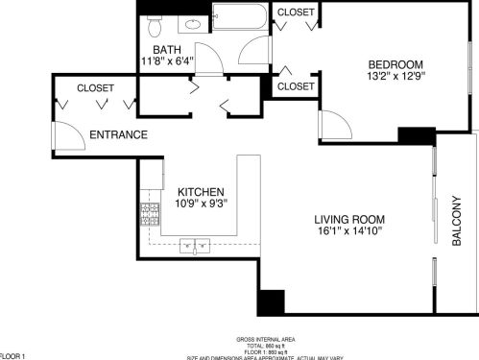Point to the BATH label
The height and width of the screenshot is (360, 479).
pyautogui.click(x=167, y=49)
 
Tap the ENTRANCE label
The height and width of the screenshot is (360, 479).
pyautogui.click(x=118, y=134)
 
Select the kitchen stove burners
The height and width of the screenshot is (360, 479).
pyautogui.click(x=150, y=214)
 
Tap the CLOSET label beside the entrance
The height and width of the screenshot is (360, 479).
pyautogui.click(x=95, y=87)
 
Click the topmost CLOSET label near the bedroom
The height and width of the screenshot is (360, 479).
pyautogui.click(x=296, y=12)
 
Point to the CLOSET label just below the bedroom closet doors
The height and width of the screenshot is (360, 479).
pyautogui.click(x=296, y=86)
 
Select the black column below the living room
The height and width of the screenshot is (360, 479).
pyautogui.click(x=270, y=300)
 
